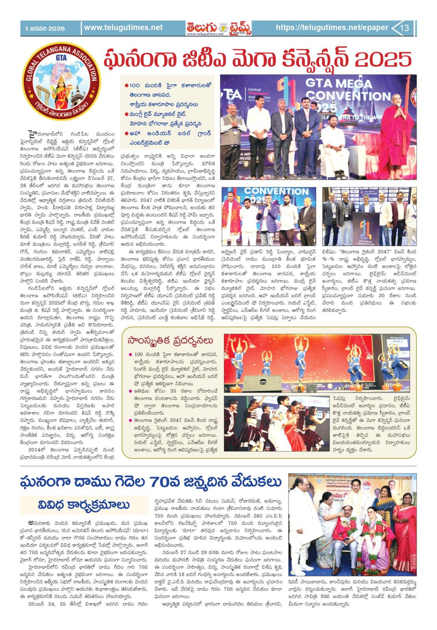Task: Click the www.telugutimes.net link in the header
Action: click(123, 28)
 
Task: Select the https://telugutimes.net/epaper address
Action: click(331, 28)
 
